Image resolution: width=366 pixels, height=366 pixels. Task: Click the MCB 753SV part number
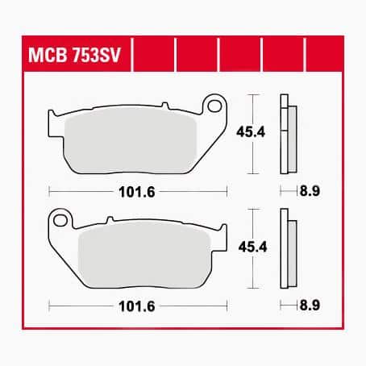pos(74,55)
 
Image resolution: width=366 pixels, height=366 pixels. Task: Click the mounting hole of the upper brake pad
pos(214,106)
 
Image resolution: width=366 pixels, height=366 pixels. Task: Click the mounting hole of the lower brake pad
pos(60,221)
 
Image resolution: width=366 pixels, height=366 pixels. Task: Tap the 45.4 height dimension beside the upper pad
pos(251,132)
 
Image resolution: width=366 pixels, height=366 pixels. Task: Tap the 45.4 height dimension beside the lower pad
pos(252,247)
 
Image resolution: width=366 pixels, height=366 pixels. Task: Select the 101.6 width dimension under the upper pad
pos(137,192)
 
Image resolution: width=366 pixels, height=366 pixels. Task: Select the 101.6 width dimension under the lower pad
pos(137,306)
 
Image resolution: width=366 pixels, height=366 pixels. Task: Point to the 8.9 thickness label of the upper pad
pos(310,191)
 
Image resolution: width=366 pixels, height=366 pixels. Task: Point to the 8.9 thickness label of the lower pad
pos(310,306)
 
